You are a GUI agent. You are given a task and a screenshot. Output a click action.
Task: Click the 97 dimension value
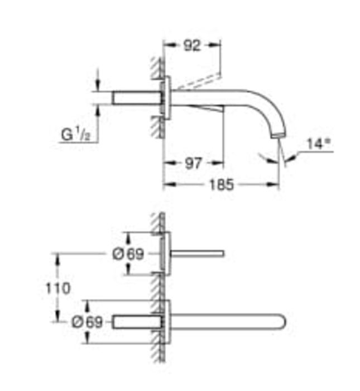[193, 163]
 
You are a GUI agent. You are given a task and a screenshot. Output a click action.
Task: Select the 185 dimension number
[222, 185]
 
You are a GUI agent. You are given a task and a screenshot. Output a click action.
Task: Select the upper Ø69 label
[128, 255]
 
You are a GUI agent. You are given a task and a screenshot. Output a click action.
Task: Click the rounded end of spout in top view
[282, 322]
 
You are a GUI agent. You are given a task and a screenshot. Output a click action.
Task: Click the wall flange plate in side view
[166, 98]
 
